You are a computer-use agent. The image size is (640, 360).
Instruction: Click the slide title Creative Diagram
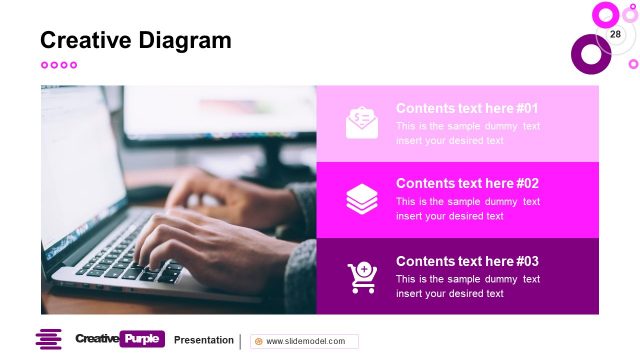coord(135,40)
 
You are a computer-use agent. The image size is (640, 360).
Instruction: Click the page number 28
coord(615,34)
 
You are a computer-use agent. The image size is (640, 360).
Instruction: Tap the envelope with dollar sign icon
coord(361,123)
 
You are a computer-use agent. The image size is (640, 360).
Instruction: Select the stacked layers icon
coord(361,199)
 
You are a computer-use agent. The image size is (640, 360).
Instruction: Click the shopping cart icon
coord(361,276)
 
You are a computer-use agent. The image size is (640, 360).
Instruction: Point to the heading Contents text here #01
coord(467,108)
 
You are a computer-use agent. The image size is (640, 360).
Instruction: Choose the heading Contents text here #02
coord(467,183)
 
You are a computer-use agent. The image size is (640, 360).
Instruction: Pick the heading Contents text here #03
coord(467,261)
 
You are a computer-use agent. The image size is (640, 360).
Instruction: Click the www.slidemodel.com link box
coord(304,341)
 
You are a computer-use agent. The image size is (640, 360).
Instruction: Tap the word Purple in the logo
coord(141,339)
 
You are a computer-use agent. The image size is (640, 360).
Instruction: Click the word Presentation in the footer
coord(203,340)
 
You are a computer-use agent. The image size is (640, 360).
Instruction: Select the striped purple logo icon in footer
coord(48,340)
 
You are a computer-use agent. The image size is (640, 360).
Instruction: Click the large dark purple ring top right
coord(590,54)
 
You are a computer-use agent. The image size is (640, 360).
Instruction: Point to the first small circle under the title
coord(44,65)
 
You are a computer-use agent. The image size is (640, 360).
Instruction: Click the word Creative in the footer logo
coord(96,339)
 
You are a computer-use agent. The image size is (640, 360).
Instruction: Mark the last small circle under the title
coord(73,65)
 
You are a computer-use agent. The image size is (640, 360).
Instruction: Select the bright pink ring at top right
coord(604,14)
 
